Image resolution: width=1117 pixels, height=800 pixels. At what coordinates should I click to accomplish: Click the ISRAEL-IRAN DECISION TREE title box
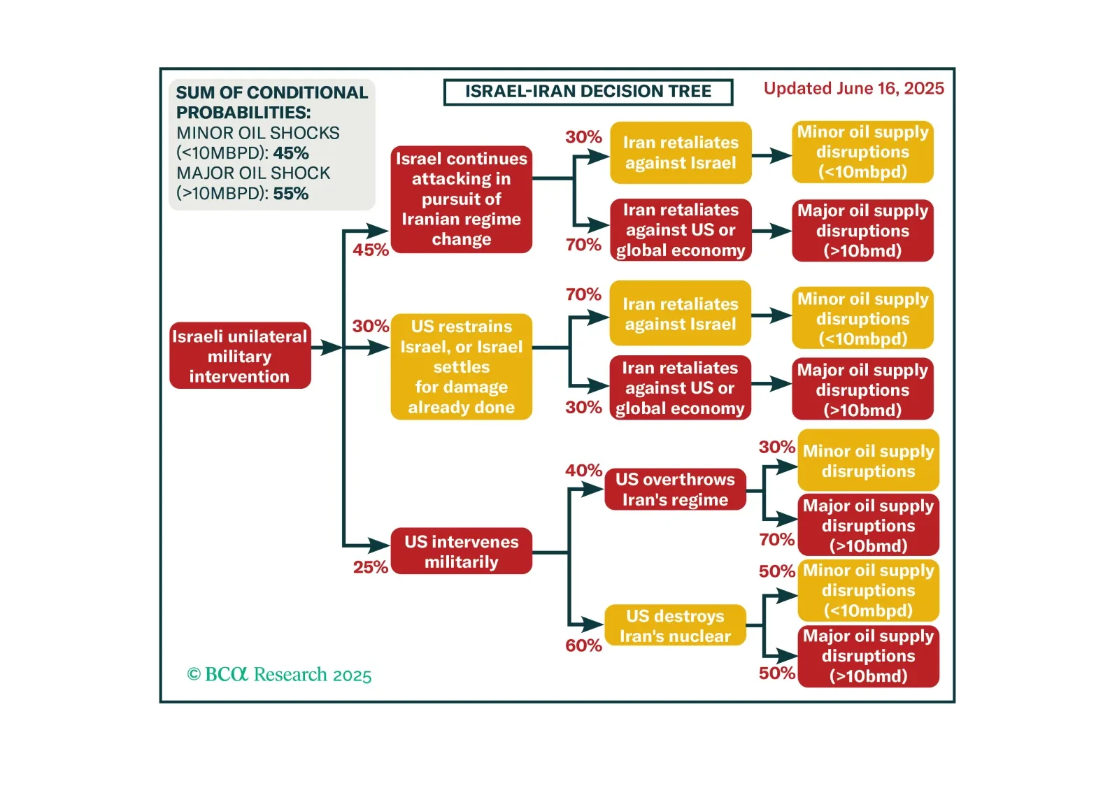(x=588, y=92)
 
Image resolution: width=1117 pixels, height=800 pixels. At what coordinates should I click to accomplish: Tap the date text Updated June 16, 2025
(x=853, y=89)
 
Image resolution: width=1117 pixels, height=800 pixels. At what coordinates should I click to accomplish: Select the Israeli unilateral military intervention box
(x=240, y=356)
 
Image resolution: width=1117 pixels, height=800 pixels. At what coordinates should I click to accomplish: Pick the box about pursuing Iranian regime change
(x=461, y=199)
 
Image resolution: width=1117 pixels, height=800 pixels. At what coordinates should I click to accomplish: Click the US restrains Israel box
(x=461, y=366)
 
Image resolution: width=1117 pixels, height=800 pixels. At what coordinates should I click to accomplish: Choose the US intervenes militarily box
(x=461, y=552)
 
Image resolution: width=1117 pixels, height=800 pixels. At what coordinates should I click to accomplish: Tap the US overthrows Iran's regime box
(x=675, y=490)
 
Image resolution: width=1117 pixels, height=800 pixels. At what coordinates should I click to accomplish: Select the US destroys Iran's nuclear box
(x=675, y=626)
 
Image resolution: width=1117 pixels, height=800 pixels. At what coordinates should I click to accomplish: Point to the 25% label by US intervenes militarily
(x=370, y=567)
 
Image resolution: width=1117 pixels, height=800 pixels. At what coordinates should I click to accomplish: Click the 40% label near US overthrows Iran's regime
(x=583, y=471)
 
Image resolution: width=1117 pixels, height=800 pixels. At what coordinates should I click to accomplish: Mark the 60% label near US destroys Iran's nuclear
(x=583, y=645)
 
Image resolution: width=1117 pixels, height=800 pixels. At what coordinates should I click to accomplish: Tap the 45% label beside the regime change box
(x=370, y=250)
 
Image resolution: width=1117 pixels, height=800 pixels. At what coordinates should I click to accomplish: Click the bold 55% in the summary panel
(x=291, y=194)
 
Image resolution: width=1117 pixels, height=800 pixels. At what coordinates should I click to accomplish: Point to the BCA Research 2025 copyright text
(x=279, y=675)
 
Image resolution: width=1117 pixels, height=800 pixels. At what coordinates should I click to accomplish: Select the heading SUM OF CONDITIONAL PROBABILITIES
(x=271, y=102)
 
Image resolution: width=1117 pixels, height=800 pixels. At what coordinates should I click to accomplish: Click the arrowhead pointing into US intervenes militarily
(x=379, y=545)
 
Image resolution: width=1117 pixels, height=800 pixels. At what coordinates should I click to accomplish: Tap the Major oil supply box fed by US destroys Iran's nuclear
(x=868, y=656)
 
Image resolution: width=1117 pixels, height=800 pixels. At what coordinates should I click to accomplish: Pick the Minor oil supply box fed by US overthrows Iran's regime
(x=868, y=461)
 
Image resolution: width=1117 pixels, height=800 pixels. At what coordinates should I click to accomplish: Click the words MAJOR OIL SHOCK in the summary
(x=253, y=173)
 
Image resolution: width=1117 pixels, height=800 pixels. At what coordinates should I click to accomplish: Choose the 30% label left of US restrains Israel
(x=370, y=327)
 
